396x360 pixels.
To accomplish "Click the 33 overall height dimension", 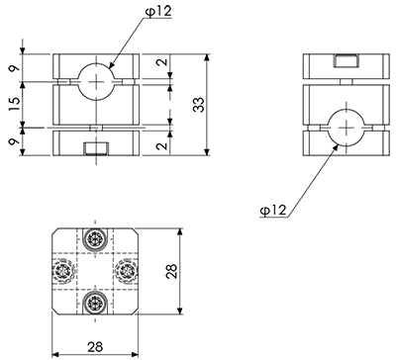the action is (x=199, y=105).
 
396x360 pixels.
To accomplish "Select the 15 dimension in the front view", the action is (x=15, y=104).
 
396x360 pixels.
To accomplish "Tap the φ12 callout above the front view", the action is (x=158, y=12).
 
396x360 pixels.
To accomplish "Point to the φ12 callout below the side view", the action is (x=273, y=210).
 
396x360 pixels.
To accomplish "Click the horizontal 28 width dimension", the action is (x=95, y=346).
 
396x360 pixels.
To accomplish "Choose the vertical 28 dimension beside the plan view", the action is (x=171, y=271).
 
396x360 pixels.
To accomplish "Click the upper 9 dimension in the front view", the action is (x=15, y=68).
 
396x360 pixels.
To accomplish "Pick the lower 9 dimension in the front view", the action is (x=15, y=142).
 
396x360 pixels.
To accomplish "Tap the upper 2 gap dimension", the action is (x=162, y=61).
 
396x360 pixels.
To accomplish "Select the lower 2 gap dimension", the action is (x=162, y=145).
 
